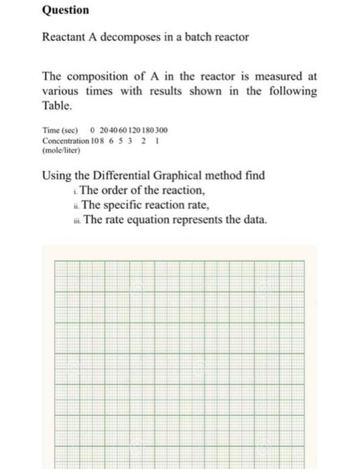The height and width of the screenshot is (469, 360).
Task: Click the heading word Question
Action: [x=65, y=11]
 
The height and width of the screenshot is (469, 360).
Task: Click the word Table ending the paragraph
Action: [x=57, y=106]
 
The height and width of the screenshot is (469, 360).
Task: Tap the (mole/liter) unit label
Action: [x=61, y=151]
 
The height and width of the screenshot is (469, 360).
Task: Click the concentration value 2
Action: [x=143, y=141]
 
